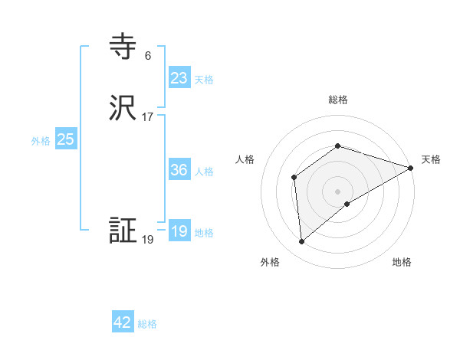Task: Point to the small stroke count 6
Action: coord(147,56)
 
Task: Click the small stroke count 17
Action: coord(147,117)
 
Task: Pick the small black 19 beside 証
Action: coord(147,240)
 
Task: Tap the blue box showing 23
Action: coord(179,78)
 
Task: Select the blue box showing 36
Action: coord(179,170)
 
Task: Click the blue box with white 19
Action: coord(179,231)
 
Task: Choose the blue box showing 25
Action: coord(66,139)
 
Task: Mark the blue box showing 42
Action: coord(123,322)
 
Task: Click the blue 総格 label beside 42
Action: coord(147,324)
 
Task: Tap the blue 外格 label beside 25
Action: coord(41,141)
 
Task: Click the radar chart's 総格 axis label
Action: coord(337,100)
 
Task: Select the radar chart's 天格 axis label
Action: coord(431,159)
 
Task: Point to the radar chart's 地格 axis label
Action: coord(402,262)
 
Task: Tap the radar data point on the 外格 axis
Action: coord(301,242)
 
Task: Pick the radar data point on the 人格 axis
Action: coord(294,178)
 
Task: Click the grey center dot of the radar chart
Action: coord(337,191)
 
